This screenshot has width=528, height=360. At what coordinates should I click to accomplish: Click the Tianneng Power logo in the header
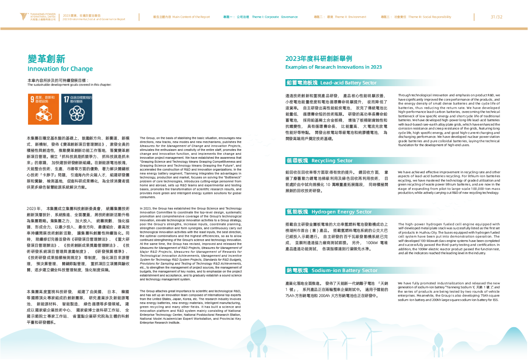pyautogui.click(x=39, y=17)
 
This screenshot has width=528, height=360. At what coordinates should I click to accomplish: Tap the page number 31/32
pyautogui.click(x=496, y=17)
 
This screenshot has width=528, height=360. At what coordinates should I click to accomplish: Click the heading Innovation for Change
pyautogui.click(x=60, y=69)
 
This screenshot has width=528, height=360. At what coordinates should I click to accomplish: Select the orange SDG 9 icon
pyautogui.click(x=43, y=109)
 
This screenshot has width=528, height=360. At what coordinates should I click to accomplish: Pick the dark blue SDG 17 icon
pyautogui.click(x=77, y=109)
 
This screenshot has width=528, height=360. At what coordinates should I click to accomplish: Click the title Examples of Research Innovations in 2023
pyautogui.click(x=333, y=67)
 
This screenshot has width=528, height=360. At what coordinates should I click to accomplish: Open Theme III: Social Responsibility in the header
pyautogui.click(x=416, y=17)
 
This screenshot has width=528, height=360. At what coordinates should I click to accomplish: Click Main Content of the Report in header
pyautogui.click(x=181, y=17)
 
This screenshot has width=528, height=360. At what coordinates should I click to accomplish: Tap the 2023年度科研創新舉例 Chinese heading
pyautogui.click(x=318, y=59)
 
